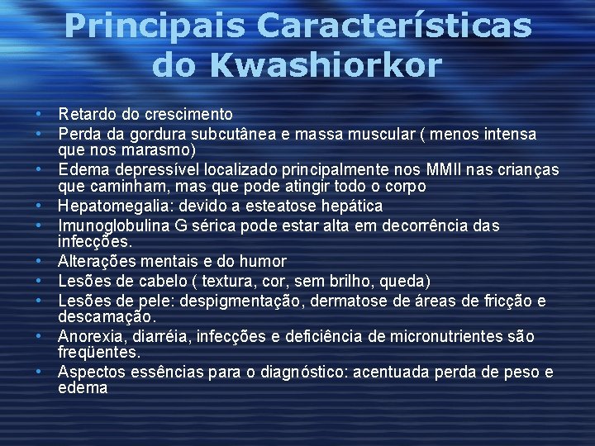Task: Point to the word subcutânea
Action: pyautogui.click(x=219, y=134)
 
